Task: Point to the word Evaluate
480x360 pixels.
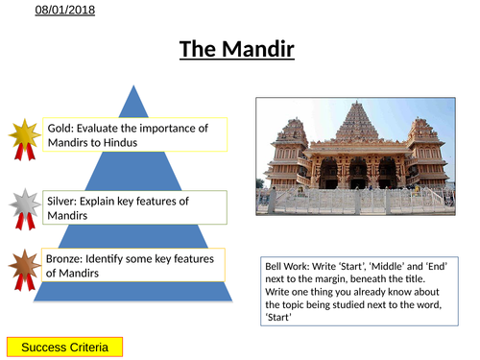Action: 107,127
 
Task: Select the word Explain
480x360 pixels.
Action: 112,200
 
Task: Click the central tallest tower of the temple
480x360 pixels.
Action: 358,125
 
